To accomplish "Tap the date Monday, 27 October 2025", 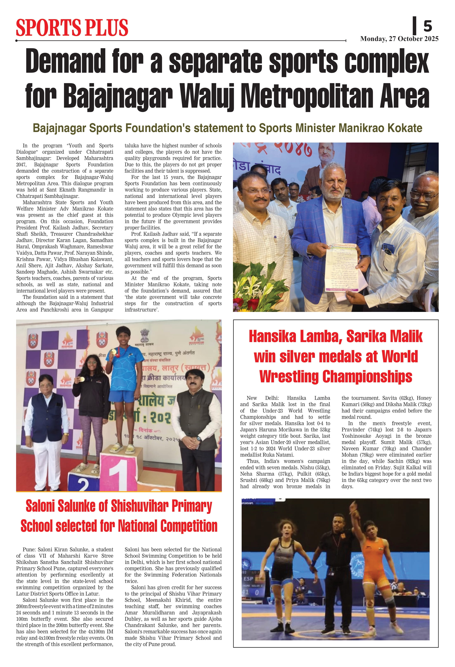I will [x=399, y=39].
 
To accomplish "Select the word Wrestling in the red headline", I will [x=290, y=377].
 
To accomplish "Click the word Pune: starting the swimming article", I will [x=29, y=550].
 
